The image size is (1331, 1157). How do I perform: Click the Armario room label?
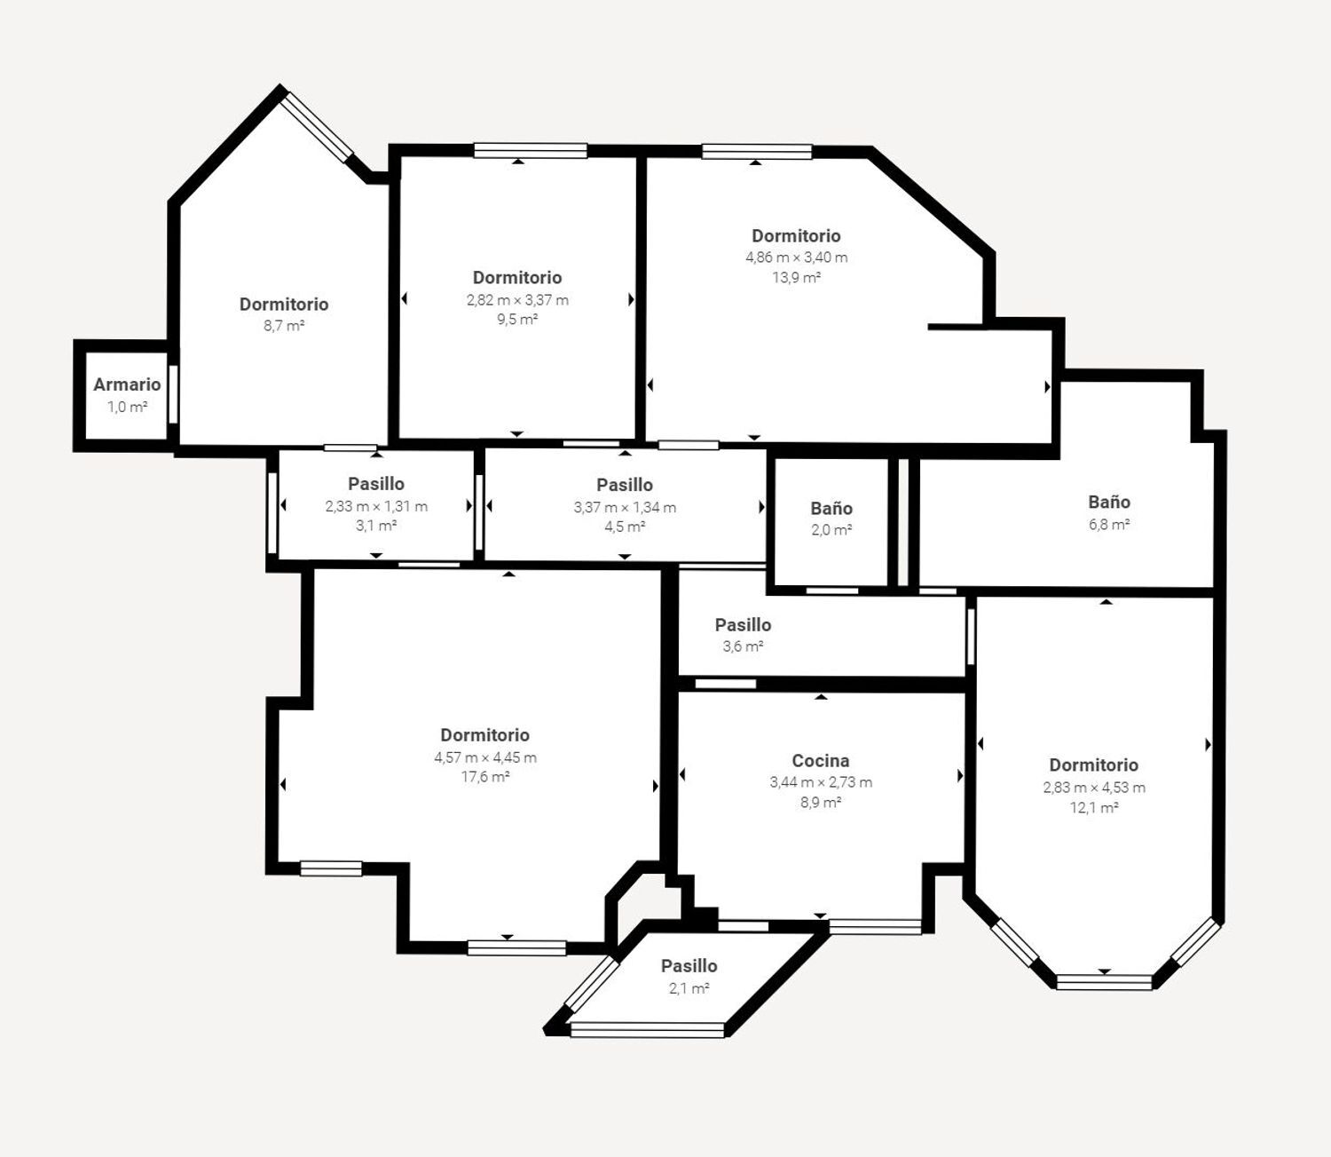point(127,384)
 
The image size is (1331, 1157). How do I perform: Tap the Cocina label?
point(821,761)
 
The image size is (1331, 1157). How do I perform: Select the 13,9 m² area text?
point(796,277)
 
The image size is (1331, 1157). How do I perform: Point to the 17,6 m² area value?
point(484,777)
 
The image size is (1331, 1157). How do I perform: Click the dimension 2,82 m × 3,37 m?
point(517,300)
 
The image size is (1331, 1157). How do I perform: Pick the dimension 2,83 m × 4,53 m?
point(1093,788)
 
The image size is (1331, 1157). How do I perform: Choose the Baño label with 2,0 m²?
point(831,509)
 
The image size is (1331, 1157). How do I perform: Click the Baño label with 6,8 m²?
point(1109,502)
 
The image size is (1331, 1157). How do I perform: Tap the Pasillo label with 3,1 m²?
point(376,484)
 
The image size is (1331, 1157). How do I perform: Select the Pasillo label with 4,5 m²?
point(625,485)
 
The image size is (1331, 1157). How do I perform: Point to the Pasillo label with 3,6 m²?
point(743,625)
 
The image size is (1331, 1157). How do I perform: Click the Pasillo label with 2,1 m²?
point(689,966)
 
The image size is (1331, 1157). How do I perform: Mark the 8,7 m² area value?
point(284,326)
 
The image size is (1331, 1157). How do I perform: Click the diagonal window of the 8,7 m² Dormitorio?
point(317,127)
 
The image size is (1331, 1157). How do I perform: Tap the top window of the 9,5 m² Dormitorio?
point(531,151)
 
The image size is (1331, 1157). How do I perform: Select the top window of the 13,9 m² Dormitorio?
point(756,152)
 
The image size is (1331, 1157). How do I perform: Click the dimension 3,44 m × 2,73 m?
point(821,782)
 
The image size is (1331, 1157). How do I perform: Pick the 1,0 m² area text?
point(127,407)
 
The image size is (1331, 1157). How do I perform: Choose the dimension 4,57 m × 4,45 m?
point(484,757)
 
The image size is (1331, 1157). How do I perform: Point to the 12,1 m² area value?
point(1093,808)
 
